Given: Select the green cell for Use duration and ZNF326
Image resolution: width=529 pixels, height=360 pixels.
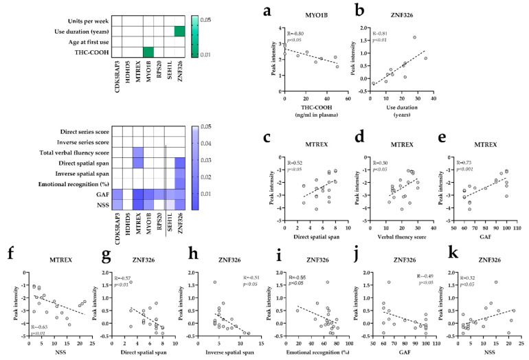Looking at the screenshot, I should point(179,31).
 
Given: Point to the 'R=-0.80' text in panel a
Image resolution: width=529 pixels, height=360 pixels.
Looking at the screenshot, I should point(295,32).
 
